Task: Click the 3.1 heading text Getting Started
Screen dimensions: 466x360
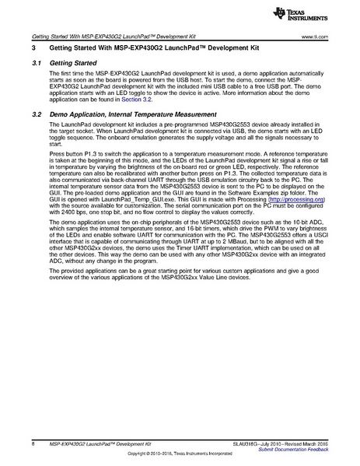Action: [x=73, y=61]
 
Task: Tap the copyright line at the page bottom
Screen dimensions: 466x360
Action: [x=180, y=456]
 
